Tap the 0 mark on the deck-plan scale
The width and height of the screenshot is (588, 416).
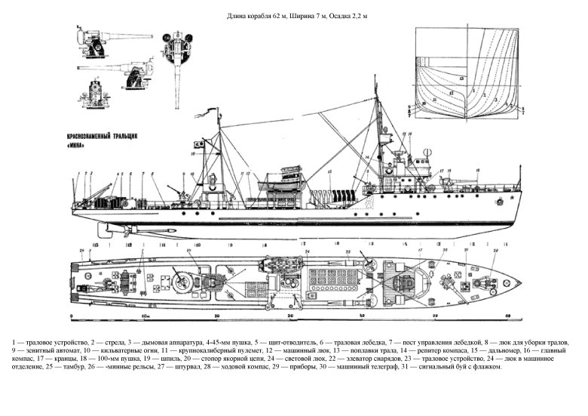[x=70, y=316]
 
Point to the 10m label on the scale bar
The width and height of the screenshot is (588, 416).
[x=142, y=316]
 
